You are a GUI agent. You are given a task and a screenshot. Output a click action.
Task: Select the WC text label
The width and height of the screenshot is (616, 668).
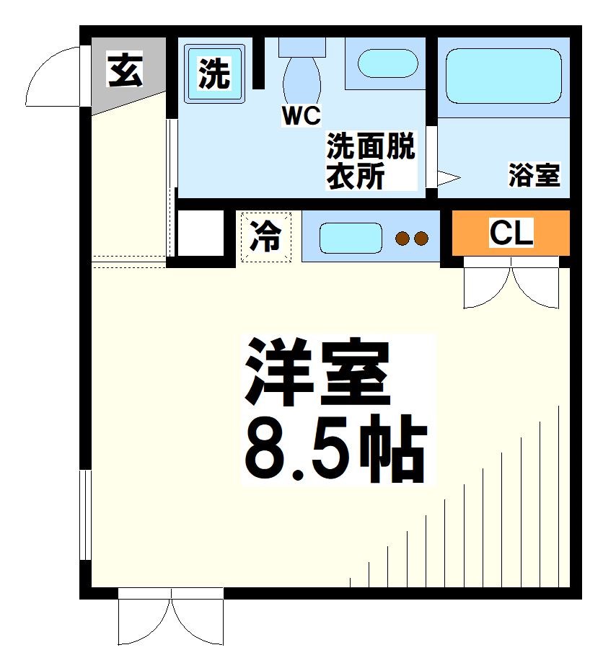(x=301, y=117)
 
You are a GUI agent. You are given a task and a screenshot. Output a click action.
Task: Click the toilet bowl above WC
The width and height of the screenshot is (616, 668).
(x=302, y=79)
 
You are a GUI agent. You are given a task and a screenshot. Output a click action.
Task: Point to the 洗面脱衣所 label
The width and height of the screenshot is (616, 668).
(x=371, y=162)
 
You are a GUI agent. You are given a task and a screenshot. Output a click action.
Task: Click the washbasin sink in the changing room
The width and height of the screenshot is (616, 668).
(x=387, y=64)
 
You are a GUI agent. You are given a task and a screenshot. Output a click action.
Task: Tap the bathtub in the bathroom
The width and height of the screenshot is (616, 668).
(x=503, y=76)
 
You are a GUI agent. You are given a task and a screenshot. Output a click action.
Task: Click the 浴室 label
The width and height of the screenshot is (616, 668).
(x=534, y=175)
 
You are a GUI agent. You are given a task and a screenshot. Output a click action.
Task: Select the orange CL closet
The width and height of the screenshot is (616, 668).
(x=511, y=232)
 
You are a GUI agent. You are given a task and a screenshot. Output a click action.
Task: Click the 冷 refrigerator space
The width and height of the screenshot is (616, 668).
(x=266, y=236)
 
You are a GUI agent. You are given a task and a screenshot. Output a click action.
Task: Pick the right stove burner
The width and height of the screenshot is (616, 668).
(x=421, y=239)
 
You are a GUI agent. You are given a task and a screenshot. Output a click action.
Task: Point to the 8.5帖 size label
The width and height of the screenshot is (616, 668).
(x=335, y=450)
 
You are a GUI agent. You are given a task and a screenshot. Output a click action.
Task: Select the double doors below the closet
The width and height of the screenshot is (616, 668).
(x=511, y=286)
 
